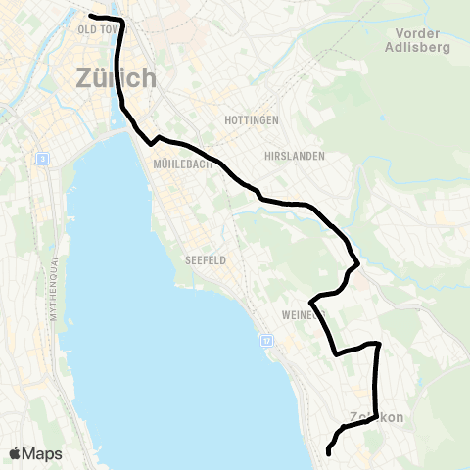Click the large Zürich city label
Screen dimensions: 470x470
click(115, 77)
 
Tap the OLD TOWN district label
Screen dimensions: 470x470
click(97, 30)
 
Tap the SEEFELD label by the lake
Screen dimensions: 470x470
click(206, 260)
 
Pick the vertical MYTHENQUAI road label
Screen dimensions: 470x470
click(50, 293)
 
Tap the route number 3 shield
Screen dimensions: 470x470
click(42, 159)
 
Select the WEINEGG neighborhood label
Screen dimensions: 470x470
click(299, 315)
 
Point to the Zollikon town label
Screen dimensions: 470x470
click(377, 418)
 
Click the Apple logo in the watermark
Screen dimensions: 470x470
click(17, 453)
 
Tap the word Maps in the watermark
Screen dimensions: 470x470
click(43, 453)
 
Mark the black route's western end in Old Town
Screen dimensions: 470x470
click(90, 17)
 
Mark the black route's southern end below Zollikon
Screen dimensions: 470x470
click(328, 453)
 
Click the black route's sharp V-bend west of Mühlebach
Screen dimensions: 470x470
click(151, 143)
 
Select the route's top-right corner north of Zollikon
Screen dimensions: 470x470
click(378, 344)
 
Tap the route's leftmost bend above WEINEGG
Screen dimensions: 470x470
click(310, 301)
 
